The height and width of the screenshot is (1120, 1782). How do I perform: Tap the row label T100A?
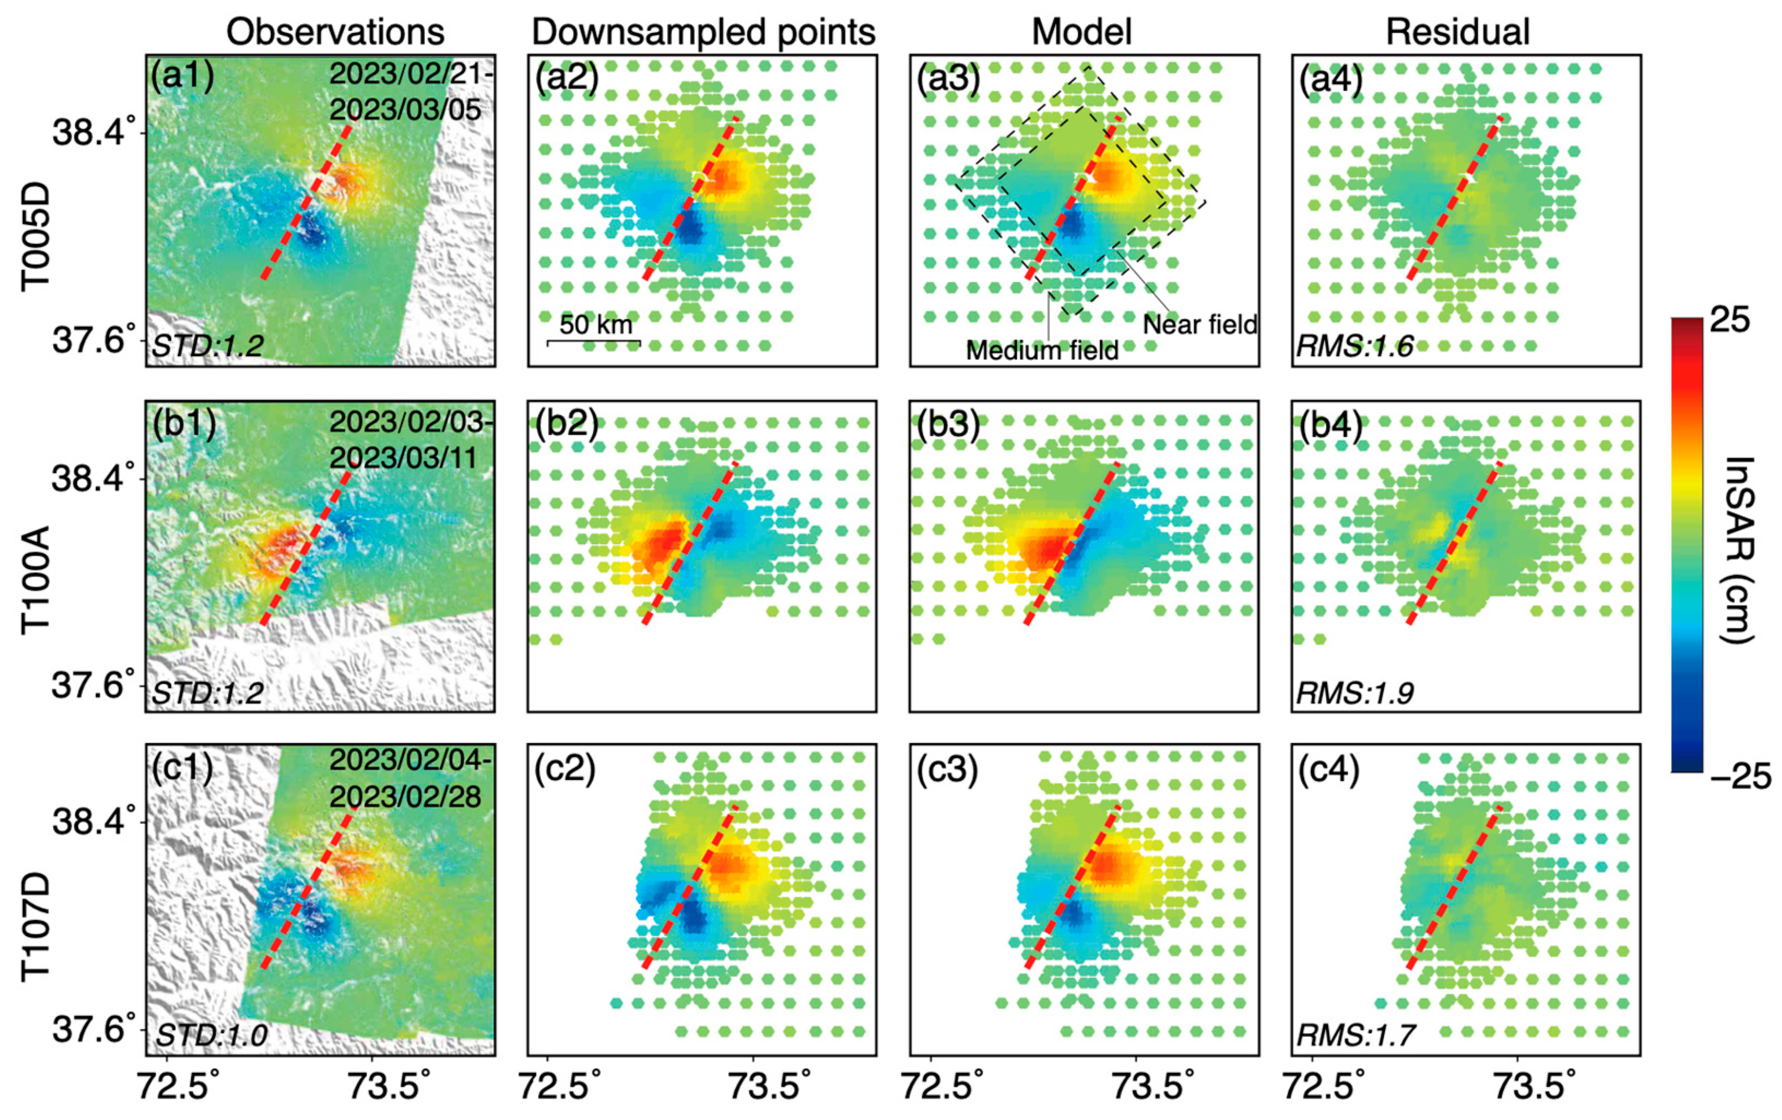(x=35, y=580)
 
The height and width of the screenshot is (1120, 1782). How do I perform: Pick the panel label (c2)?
(x=565, y=769)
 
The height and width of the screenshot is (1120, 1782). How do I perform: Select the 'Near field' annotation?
(x=1200, y=324)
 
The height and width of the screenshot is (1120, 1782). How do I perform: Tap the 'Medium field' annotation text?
(x=1042, y=350)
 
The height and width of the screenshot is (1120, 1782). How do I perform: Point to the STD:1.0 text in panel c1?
(x=211, y=1035)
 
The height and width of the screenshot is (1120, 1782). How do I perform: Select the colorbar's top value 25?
(x=1730, y=321)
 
